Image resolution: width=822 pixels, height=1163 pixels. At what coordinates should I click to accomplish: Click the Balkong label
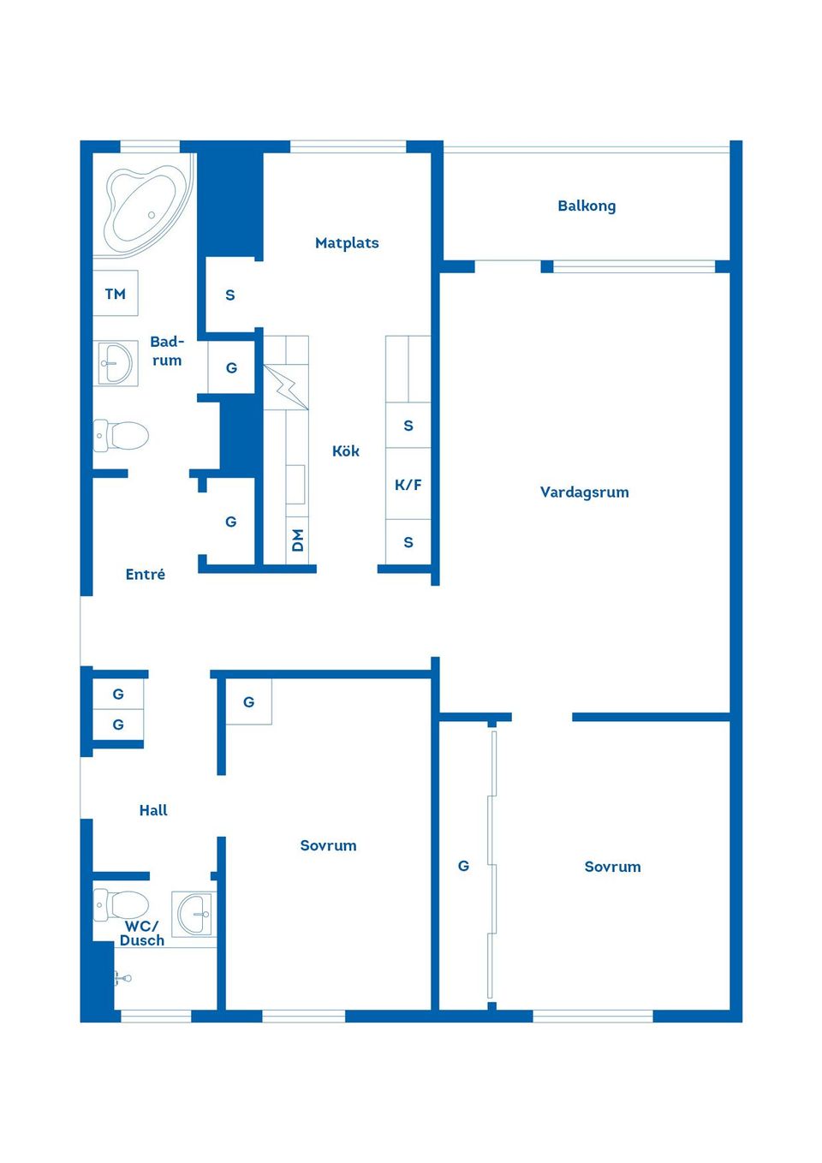[587, 206]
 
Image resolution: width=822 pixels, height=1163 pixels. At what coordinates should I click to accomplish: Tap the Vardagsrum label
[584, 492]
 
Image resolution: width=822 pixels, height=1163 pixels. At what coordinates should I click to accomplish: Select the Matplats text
[347, 243]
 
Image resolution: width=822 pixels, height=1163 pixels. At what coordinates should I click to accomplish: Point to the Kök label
[346, 450]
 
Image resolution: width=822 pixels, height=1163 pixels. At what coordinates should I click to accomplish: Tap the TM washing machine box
[116, 293]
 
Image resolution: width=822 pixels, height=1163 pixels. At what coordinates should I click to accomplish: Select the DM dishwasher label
[297, 540]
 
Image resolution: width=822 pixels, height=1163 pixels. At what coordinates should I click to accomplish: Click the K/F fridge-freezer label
[408, 485]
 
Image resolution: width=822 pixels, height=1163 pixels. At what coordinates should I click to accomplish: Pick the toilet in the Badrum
[121, 436]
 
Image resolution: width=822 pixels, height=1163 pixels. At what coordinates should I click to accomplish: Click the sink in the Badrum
[116, 363]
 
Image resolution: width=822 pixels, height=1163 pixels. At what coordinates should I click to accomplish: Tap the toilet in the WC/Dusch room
[121, 905]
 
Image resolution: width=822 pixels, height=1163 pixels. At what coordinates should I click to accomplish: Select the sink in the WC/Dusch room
[194, 915]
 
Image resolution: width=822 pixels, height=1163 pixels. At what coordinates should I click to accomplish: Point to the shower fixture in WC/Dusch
[123, 978]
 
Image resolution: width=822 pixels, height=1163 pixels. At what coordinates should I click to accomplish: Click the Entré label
[146, 575]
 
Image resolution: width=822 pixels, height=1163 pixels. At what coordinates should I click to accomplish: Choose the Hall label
[153, 810]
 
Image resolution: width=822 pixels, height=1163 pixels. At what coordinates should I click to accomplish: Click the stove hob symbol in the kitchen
[286, 387]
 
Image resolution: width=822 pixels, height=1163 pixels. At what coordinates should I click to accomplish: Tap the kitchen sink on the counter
[295, 485]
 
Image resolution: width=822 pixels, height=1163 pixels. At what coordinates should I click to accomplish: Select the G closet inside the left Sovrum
[248, 702]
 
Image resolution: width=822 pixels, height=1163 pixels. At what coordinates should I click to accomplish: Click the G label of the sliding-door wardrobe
[463, 866]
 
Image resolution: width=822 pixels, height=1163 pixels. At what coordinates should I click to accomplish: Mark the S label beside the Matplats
[229, 295]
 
